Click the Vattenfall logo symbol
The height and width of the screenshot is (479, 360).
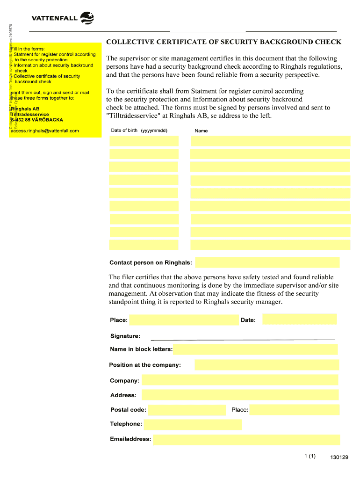87,18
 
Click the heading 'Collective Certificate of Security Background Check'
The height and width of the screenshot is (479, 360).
223,42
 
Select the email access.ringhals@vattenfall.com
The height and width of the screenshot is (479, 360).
45,131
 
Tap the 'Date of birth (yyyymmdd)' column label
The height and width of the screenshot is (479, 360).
139,131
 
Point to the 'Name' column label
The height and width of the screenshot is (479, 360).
201,131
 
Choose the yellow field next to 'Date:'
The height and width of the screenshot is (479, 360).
299,319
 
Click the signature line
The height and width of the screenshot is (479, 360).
243,338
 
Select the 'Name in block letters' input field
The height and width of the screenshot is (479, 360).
255,349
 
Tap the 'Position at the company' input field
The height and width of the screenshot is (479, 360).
266,365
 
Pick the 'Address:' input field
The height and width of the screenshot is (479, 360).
239,395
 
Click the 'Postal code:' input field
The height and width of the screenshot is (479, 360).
186,410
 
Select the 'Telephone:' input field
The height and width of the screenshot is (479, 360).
193,424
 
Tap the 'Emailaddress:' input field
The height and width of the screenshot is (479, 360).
246,439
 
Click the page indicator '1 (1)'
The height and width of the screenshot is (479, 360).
310,457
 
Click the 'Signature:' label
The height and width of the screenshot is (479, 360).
125,336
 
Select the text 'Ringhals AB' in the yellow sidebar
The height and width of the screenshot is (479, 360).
25,109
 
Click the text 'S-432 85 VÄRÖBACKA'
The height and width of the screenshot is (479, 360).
37,120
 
